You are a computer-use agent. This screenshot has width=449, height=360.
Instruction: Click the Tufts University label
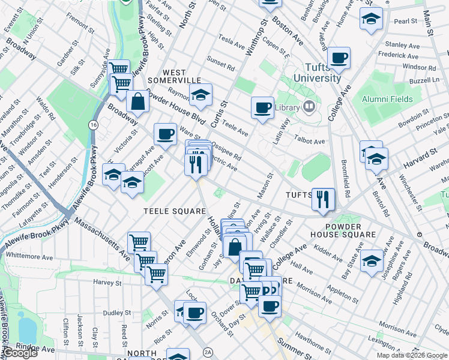pyautogui.click(x=315, y=73)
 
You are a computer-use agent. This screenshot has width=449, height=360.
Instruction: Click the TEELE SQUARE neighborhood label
pyautogui.click(x=175, y=211)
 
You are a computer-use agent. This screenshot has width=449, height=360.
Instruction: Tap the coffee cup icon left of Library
pyautogui.click(x=262, y=107)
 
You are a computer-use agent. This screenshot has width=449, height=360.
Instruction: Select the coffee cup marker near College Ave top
pyautogui.click(x=339, y=58)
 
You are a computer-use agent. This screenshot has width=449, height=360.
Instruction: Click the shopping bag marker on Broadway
pyautogui.click(x=138, y=102)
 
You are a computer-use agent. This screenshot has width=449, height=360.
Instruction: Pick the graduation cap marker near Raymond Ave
pyautogui.click(x=201, y=94)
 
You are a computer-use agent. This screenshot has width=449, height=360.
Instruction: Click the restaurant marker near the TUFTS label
pyautogui.click(x=324, y=199)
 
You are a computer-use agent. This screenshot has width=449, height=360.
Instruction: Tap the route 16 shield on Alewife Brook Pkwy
pyautogui.click(x=92, y=124)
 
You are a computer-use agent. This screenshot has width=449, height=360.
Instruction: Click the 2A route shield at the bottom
pyautogui.click(x=208, y=352)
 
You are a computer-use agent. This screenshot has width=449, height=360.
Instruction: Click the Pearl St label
pyautogui.click(x=405, y=21)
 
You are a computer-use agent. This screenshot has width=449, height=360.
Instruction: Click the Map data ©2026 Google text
pyautogui.click(x=411, y=355)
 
